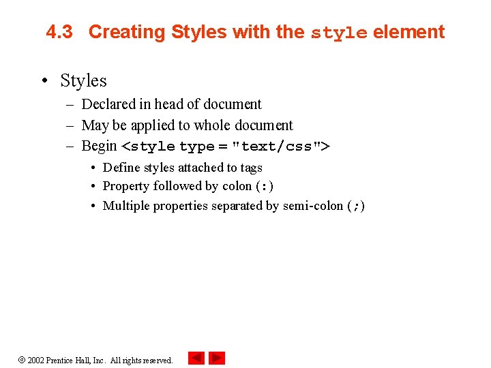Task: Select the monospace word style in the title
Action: [339, 33]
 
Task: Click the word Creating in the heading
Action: [127, 33]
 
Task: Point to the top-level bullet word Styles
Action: [83, 81]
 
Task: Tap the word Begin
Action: [99, 147]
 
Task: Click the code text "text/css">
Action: [281, 147]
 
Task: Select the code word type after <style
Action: [197, 147]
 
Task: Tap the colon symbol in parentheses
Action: [265, 186]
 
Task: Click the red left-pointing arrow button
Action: [196, 358]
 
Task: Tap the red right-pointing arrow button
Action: [217, 358]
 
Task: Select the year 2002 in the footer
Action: [35, 361]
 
